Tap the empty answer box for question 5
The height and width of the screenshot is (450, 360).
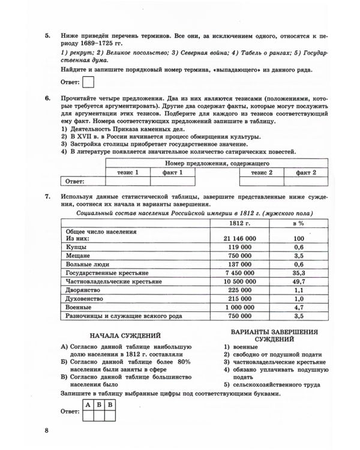87,82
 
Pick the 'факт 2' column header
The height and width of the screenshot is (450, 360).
305,172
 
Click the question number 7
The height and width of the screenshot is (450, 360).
47,197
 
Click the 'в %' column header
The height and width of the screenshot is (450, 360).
298,223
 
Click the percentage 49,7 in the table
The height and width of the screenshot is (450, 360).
298,281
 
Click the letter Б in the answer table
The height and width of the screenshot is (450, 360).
98,405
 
